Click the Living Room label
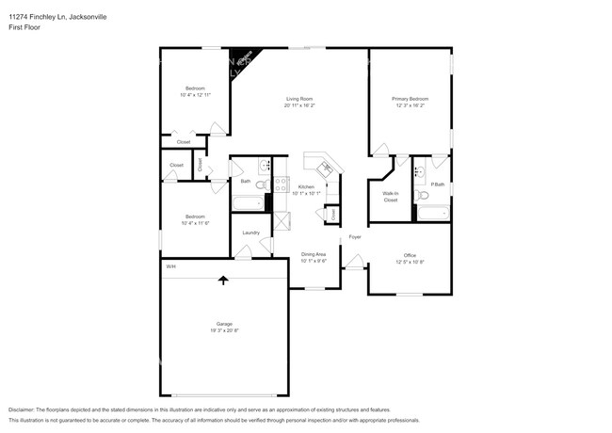299,99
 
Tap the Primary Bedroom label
411,99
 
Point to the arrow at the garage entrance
223,280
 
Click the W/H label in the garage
170,267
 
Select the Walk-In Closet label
390,196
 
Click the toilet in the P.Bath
424,195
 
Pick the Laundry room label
250,233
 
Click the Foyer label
355,236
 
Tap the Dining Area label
314,254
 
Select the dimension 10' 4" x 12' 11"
195,94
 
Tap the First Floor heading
24,26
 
